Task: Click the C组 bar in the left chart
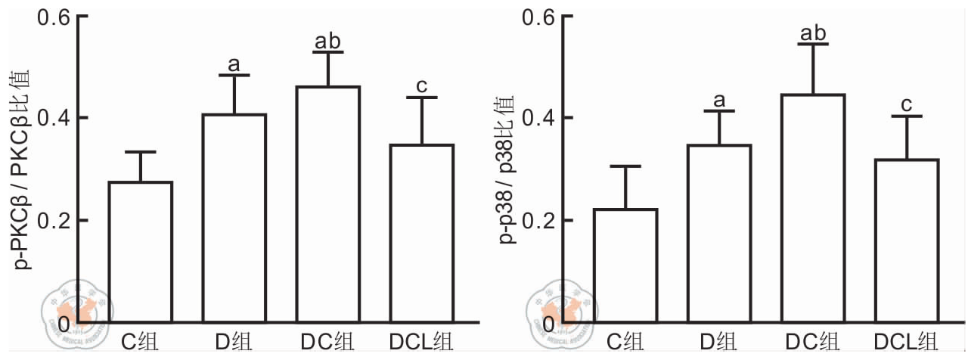tap(140, 253)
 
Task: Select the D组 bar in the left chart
tap(234, 219)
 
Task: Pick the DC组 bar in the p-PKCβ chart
tap(327, 205)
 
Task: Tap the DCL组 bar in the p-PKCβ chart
tap(421, 234)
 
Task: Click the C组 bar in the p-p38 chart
tap(625, 266)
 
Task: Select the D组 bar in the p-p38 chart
tap(719, 234)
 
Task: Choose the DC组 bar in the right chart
tap(813, 209)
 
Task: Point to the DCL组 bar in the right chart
tap(907, 241)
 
